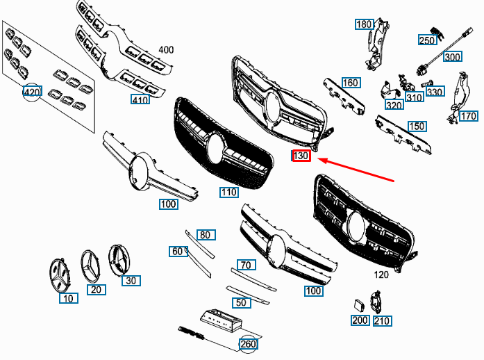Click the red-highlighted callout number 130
pyautogui.click(x=301, y=156)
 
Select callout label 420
pyautogui.click(x=33, y=92)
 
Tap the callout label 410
pyautogui.click(x=140, y=99)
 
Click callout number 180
pyautogui.click(x=364, y=24)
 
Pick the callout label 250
pyautogui.click(x=427, y=40)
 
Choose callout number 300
pyautogui.click(x=452, y=57)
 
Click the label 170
pyautogui.click(x=468, y=116)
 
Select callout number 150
pyautogui.click(x=417, y=126)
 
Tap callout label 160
pyautogui.click(x=350, y=83)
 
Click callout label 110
pyautogui.click(x=229, y=192)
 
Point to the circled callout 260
pyautogui.click(x=248, y=344)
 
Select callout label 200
pyautogui.click(x=360, y=320)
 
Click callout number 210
pyautogui.click(x=382, y=321)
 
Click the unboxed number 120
pyautogui.click(x=381, y=275)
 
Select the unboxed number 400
pyautogui.click(x=166, y=50)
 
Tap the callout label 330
pyautogui.click(x=435, y=92)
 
